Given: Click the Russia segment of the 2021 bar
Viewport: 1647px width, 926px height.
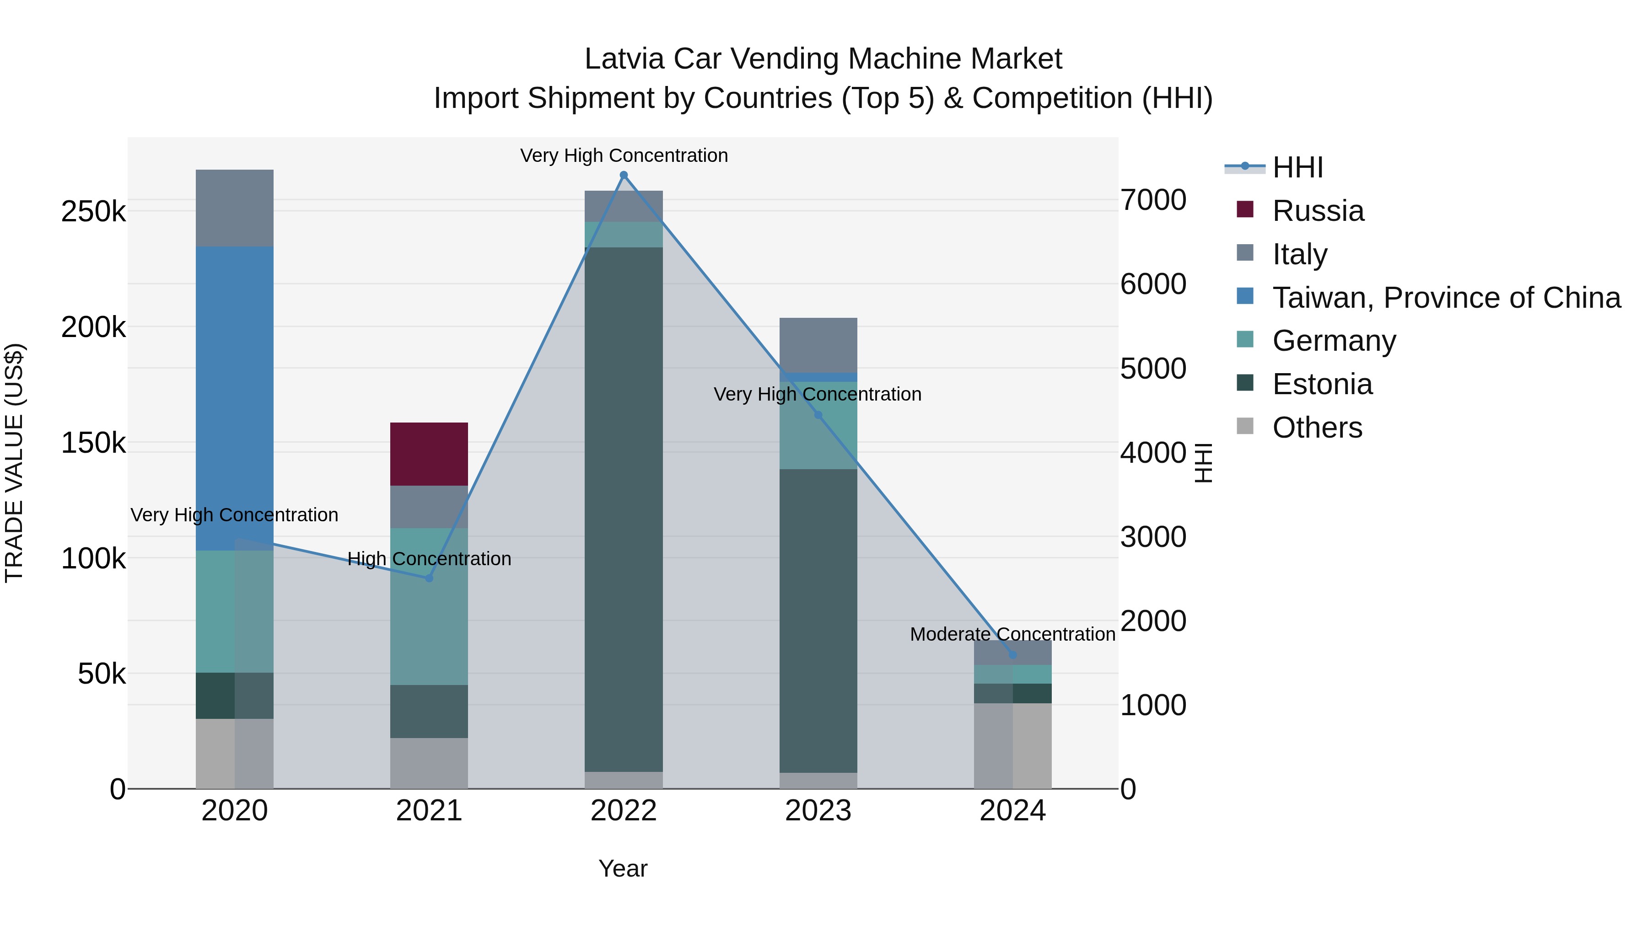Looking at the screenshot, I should click(429, 454).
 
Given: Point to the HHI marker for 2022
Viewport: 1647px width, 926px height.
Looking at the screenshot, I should click(624, 175).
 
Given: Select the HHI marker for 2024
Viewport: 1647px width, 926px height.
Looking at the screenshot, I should click(1012, 654).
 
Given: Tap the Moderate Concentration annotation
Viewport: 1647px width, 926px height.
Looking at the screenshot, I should click(1012, 635).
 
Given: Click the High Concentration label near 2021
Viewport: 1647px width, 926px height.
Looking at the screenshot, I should click(429, 559).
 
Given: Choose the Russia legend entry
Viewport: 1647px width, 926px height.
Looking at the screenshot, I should click(1318, 211).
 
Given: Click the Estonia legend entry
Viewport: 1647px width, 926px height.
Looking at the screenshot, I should click(1322, 385).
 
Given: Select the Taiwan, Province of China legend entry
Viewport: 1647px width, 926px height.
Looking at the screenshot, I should click(1446, 298).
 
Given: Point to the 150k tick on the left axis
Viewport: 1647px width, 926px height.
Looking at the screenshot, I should click(93, 443).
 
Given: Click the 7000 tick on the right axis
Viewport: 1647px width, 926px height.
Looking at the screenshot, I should click(1153, 200).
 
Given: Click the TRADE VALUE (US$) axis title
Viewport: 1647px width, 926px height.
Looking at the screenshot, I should click(14, 463).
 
